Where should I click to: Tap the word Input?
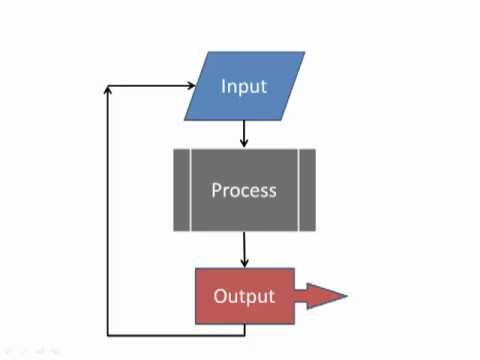244,86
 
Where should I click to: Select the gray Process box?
244,190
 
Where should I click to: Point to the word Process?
244,190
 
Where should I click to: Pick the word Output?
244,296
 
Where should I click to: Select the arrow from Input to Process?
244,133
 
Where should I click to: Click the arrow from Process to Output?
244,248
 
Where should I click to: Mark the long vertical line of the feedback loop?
107,210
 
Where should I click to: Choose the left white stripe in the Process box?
188,190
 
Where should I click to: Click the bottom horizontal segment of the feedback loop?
175,334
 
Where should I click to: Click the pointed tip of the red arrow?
345,296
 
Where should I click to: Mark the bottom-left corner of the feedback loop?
107,334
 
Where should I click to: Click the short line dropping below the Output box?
244,329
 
